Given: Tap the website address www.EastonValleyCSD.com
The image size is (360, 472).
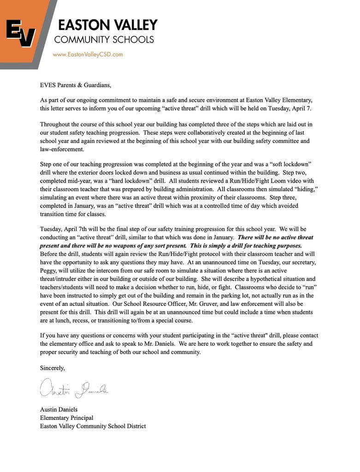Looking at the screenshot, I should [x=88, y=54].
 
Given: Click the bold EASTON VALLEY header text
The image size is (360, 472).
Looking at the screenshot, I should [x=106, y=25].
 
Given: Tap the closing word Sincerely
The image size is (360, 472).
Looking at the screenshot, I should [x=53, y=368].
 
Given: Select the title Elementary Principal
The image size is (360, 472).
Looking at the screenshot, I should [x=67, y=418].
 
